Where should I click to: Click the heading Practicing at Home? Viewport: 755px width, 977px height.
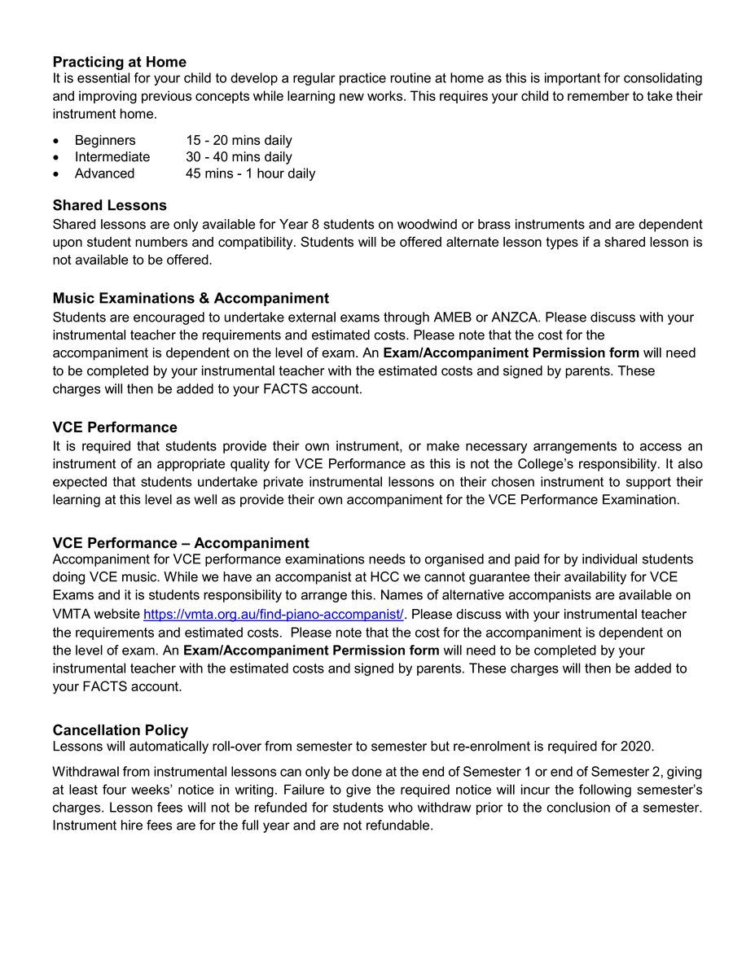pos(119,62)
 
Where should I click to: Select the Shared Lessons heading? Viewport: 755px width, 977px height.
pos(109,205)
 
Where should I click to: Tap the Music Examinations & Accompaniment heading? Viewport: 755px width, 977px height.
pos(191,298)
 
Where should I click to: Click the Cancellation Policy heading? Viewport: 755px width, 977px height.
pos(120,730)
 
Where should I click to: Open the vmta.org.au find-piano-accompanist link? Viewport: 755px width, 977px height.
pos(274,614)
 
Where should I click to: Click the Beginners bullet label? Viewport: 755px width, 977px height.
pos(105,141)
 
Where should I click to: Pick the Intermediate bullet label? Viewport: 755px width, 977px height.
pos(112,157)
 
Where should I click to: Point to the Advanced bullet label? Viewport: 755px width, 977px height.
pos(104,173)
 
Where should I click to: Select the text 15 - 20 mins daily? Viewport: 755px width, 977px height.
pos(239,141)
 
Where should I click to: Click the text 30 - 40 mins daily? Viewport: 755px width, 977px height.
pos(239,157)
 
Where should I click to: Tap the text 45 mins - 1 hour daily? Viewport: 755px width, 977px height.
pos(250,173)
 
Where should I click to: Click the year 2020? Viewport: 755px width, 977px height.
pos(636,747)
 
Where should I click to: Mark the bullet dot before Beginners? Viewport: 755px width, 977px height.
pos(56,142)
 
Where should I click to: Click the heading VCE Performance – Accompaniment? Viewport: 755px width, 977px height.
pos(181,543)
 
